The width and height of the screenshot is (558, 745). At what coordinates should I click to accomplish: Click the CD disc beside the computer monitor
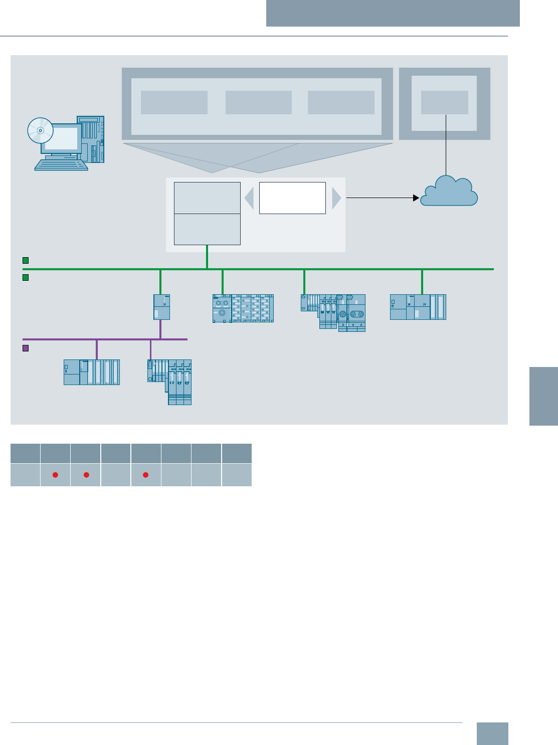pyautogui.click(x=40, y=130)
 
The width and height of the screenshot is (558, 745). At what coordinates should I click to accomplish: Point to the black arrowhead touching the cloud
pyautogui.click(x=416, y=198)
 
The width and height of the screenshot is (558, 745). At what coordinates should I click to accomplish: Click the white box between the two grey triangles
pyautogui.click(x=292, y=198)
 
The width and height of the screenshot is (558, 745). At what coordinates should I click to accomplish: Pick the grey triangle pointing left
pyautogui.click(x=249, y=199)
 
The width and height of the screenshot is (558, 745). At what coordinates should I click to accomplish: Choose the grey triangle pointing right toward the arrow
pyautogui.click(x=336, y=199)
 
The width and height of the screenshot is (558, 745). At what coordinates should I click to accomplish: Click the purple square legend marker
pyautogui.click(x=26, y=348)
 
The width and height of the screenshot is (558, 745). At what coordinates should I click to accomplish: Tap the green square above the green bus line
pyautogui.click(x=26, y=261)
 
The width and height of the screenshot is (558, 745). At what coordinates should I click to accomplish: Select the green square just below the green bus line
pyautogui.click(x=26, y=277)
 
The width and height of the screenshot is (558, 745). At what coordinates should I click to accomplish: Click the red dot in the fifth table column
pyautogui.click(x=146, y=475)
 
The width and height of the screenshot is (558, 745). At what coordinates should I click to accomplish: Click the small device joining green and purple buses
pyautogui.click(x=161, y=307)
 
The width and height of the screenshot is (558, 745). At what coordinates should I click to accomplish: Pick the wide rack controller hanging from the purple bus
pyautogui.click(x=92, y=372)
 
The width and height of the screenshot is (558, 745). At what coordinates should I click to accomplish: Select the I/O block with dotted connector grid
pyautogui.click(x=243, y=308)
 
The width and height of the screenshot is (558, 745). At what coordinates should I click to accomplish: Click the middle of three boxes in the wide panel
pyautogui.click(x=259, y=103)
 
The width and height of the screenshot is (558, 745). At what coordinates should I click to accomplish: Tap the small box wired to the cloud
pyautogui.click(x=445, y=103)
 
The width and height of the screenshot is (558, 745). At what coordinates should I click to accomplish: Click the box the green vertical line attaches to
pyautogui.click(x=207, y=229)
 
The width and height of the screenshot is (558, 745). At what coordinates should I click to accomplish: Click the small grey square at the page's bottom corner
pyautogui.click(x=492, y=733)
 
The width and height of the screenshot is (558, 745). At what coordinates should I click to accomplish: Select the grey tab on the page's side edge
pyautogui.click(x=543, y=396)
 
